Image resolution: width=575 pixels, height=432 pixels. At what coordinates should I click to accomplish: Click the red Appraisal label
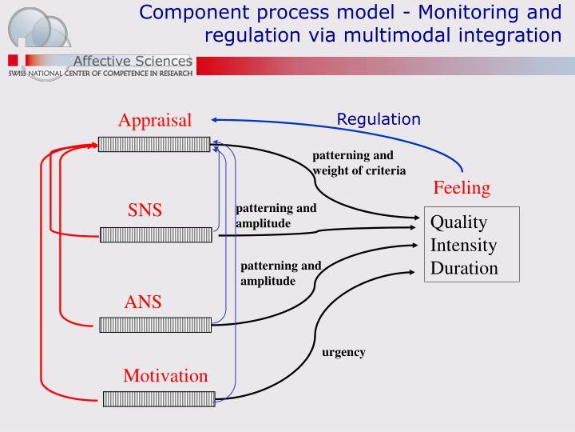coord(155,121)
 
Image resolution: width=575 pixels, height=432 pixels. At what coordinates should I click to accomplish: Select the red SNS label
coord(145,210)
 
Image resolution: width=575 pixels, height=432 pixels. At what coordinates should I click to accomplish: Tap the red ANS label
coord(143,302)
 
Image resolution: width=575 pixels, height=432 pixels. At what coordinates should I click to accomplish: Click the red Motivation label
coord(165,375)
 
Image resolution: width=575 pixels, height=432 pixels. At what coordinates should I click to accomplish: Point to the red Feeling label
coord(462,188)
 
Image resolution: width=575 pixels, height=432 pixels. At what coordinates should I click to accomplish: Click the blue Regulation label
coord(378,119)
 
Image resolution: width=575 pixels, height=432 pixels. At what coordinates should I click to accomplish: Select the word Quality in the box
coord(459,222)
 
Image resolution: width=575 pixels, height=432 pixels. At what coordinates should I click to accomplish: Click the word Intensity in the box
coord(463,245)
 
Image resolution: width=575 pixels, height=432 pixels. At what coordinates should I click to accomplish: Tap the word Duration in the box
coord(464,268)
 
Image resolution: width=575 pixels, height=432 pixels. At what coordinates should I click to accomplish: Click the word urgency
coord(343,352)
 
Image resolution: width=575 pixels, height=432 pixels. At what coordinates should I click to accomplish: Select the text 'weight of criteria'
coord(359,170)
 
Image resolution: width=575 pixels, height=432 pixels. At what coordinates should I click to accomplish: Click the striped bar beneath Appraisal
coord(154,144)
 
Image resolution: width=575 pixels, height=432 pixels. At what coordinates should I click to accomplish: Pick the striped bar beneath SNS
coord(156,234)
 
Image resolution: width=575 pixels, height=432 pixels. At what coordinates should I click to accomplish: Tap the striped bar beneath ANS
coord(155,324)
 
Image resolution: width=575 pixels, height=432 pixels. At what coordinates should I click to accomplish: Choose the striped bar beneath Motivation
coord(159,398)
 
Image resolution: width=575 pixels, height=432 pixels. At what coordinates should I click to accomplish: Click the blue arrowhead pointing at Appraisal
coord(216,120)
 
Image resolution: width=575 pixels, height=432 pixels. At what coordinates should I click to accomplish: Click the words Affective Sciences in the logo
coord(132,62)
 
